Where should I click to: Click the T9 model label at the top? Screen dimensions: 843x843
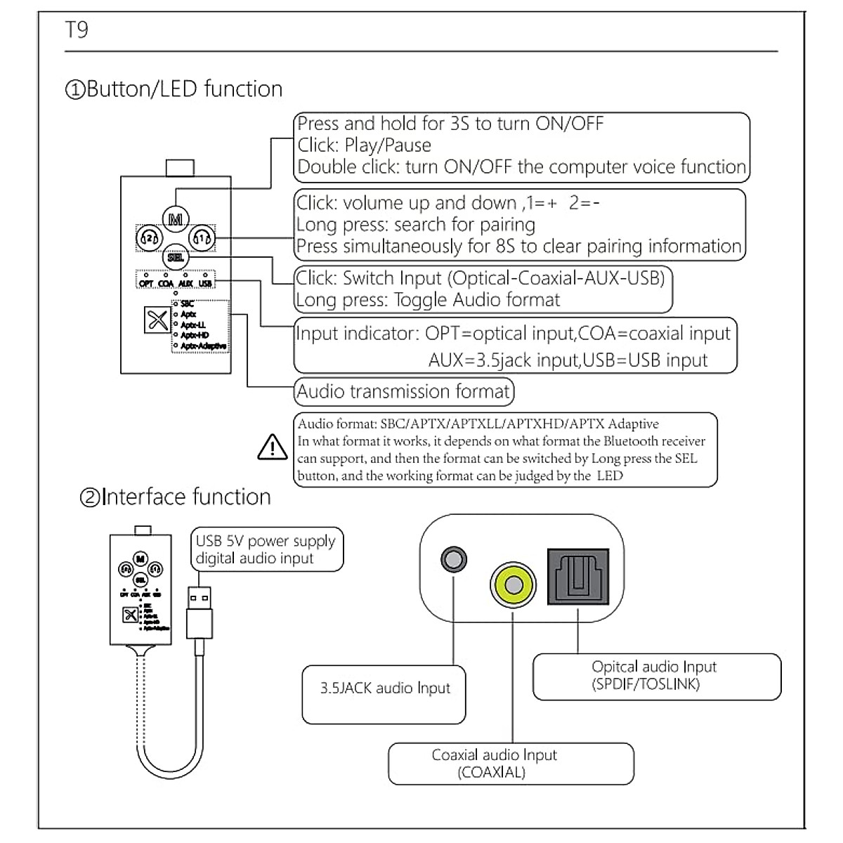click(x=77, y=30)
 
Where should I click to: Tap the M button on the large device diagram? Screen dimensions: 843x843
click(x=175, y=219)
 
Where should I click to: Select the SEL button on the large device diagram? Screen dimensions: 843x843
click(x=175, y=258)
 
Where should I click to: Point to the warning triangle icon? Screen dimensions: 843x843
click(x=273, y=447)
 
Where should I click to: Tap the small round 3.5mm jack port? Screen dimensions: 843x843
click(x=454, y=559)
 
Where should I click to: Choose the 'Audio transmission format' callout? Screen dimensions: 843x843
click(x=403, y=391)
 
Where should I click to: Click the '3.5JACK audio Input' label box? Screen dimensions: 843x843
click(x=384, y=688)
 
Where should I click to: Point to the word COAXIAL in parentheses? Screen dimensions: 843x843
click(x=491, y=772)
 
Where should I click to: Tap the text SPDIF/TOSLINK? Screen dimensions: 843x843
click(x=646, y=684)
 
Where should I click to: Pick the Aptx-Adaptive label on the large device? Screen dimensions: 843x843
click(x=203, y=346)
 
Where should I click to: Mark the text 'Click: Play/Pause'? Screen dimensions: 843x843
click(x=364, y=145)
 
